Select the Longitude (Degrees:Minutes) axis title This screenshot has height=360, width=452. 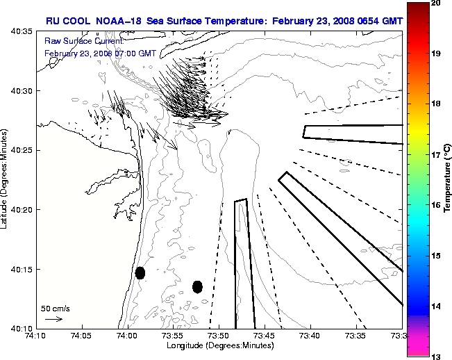[218, 345]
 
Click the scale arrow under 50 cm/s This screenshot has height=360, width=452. [53, 319]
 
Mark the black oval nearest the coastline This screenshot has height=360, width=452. [140, 272]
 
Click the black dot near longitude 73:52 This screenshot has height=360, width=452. [197, 286]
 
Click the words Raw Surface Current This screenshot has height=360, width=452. [76, 42]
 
